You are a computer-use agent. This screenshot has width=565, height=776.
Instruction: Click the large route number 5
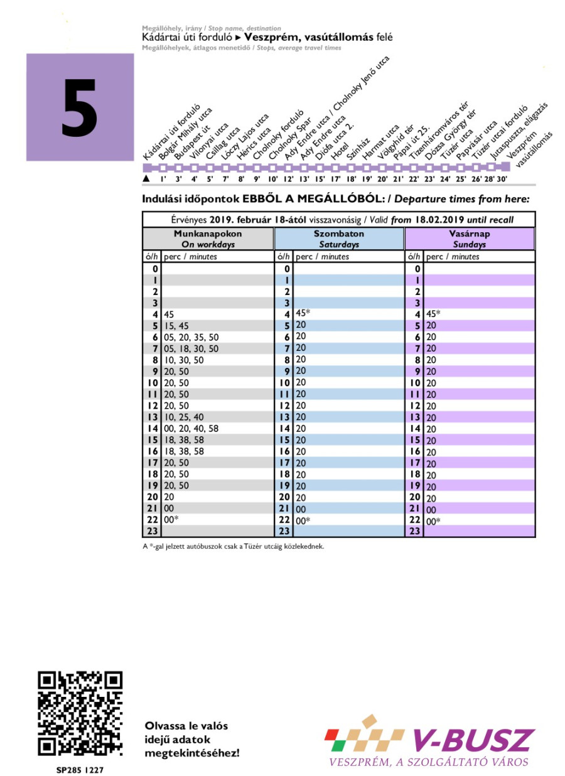coord(80,108)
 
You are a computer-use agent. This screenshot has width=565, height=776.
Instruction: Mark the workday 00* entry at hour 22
coord(172,520)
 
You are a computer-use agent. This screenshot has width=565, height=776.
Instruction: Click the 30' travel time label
coord(502,180)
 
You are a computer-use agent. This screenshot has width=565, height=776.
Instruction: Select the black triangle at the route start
coord(147,179)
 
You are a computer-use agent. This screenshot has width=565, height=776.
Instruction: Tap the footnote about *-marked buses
coord(233,546)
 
